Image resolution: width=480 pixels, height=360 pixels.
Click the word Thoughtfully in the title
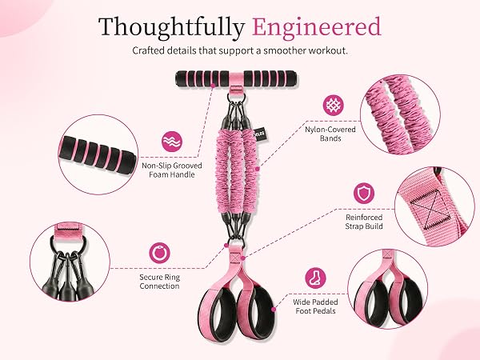[171, 28]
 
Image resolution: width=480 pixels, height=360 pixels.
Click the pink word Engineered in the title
[317, 28]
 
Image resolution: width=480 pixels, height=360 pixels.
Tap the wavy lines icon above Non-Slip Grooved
[172, 142]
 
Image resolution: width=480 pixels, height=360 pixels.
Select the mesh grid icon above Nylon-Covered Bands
[334, 106]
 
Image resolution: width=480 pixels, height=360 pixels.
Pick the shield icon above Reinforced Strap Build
[364, 193]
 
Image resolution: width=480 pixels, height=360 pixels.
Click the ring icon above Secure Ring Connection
[159, 253]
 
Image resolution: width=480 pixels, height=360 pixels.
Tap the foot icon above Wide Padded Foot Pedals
[316, 278]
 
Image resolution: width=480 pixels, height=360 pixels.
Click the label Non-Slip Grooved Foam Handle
[172, 170]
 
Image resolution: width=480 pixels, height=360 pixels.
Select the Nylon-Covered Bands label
[330, 134]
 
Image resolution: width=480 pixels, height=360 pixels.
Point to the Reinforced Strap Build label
[364, 222]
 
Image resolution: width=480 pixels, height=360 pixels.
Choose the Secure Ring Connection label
[159, 282]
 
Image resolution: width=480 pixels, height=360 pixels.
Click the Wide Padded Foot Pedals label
[316, 306]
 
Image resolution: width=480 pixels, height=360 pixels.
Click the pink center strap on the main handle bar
[236, 79]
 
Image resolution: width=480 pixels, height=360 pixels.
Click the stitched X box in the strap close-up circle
[430, 210]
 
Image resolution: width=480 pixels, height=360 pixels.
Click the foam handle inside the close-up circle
[98, 154]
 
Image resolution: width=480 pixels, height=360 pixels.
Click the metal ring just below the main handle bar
[236, 98]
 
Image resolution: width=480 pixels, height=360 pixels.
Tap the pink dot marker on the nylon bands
[258, 169]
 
